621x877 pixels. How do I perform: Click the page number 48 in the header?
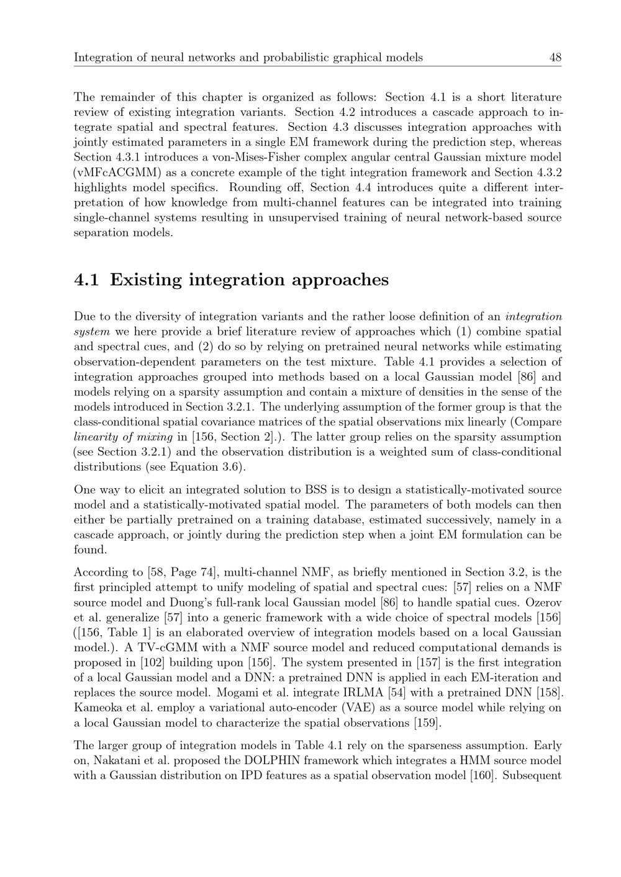tap(555, 58)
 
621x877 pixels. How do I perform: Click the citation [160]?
tap(481, 775)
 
